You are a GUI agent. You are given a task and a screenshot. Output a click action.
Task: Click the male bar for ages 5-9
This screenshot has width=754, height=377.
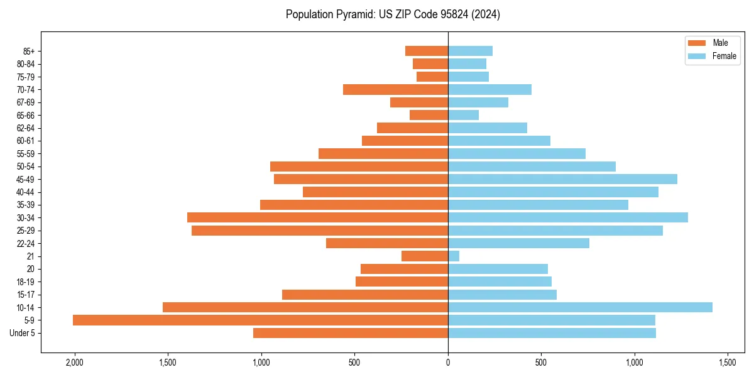pyautogui.click(x=260, y=320)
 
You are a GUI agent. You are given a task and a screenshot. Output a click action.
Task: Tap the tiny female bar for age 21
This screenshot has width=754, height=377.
pyautogui.click(x=454, y=256)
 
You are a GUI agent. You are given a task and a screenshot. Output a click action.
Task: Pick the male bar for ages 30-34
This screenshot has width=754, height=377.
pyautogui.click(x=317, y=217)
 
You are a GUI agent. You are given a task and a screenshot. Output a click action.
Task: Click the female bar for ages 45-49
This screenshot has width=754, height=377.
pyautogui.click(x=562, y=179)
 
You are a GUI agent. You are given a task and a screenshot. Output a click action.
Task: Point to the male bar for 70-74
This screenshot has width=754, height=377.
pyautogui.click(x=395, y=89)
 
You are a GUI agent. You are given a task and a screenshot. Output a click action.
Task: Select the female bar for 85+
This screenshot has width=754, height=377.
pyautogui.click(x=470, y=51)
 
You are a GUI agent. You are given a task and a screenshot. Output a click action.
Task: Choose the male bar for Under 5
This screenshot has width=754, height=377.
pyautogui.click(x=351, y=333)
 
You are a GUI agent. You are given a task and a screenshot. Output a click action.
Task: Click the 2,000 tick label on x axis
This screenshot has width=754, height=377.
pyautogui.click(x=75, y=363)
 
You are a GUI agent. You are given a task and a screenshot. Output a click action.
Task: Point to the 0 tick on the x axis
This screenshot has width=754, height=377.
pyautogui.click(x=448, y=363)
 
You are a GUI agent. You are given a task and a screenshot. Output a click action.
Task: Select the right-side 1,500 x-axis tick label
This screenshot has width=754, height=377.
pyautogui.click(x=728, y=363)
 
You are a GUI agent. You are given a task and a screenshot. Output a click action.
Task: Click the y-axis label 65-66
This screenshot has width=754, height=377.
pyautogui.click(x=25, y=115)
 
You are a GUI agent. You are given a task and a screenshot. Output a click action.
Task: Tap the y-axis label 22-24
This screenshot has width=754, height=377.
pyautogui.click(x=25, y=243)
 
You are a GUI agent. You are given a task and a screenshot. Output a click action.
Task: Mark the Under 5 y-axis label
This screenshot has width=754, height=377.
pyautogui.click(x=22, y=333)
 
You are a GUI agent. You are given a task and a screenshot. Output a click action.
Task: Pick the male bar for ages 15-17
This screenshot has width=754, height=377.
pyautogui.click(x=365, y=295)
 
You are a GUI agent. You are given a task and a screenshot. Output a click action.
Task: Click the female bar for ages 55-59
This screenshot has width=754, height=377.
pyautogui.click(x=516, y=153)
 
